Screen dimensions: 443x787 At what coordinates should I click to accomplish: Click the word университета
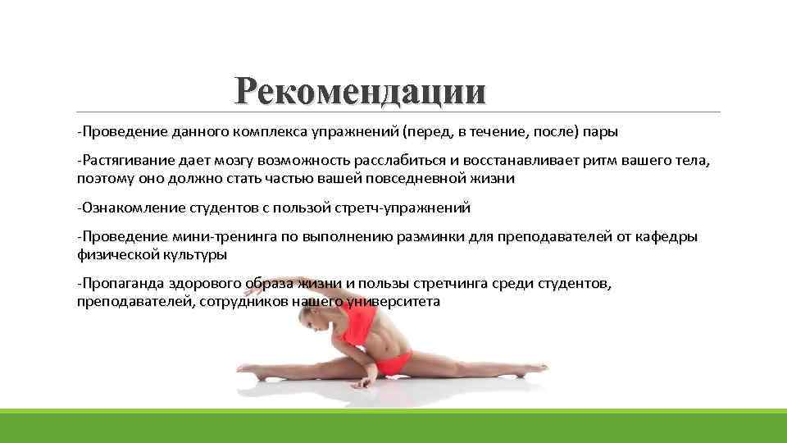click(393, 301)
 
